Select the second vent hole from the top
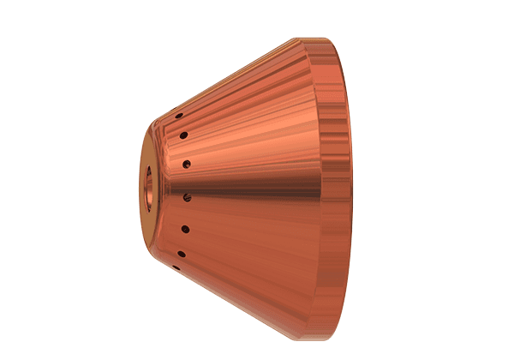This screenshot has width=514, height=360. click(x=183, y=135)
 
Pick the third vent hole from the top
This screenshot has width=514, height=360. click(x=186, y=161)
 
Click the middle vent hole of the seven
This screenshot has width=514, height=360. click(x=187, y=196)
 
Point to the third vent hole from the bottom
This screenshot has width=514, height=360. click(x=185, y=228)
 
